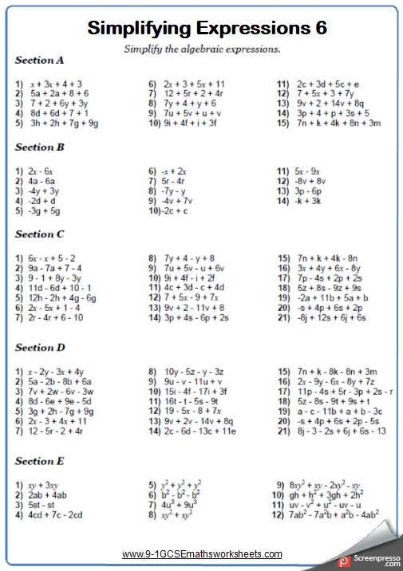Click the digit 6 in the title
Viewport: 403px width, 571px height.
tap(320, 29)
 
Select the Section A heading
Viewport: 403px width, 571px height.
tap(39, 61)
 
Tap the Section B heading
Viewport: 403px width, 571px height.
tap(39, 148)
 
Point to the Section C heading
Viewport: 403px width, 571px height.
tap(39, 234)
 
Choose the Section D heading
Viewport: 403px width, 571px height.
tap(39, 348)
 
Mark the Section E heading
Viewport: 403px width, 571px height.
tap(39, 461)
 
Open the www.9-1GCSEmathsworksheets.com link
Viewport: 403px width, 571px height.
tap(202, 554)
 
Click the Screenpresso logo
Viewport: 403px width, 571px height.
tap(368, 560)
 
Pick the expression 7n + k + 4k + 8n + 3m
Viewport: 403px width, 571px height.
tap(338, 124)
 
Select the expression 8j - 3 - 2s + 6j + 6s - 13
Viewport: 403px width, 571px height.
tap(341, 431)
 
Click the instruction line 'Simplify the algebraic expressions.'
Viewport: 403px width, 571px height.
tap(202, 49)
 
